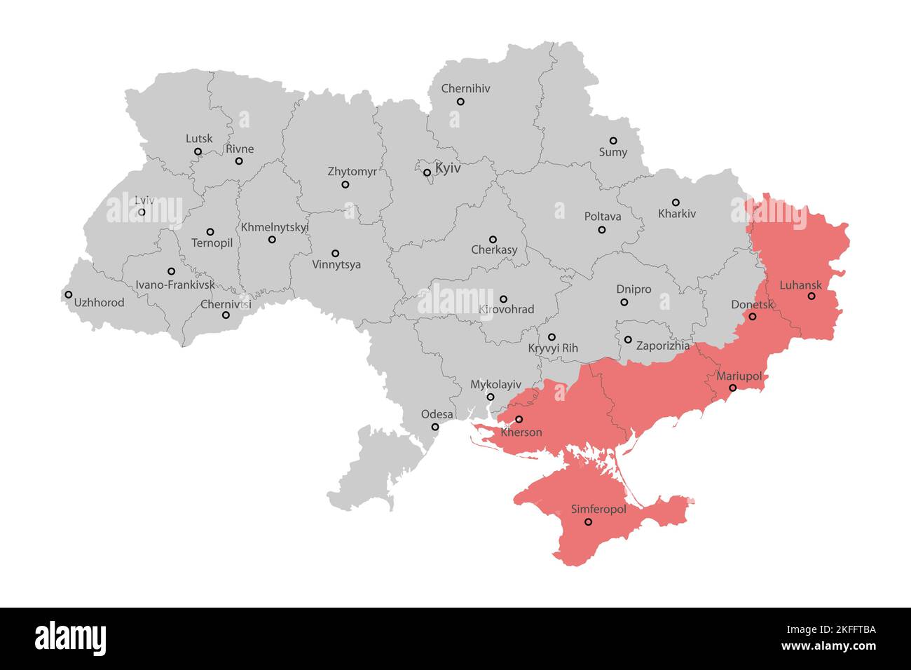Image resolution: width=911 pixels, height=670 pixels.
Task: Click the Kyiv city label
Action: (x=448, y=169)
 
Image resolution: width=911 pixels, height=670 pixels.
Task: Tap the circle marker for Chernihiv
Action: (x=460, y=102)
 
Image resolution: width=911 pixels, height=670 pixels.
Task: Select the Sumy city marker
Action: (x=613, y=141)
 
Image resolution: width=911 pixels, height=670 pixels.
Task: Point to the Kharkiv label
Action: (x=677, y=214)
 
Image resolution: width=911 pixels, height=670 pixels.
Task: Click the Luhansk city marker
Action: (x=811, y=296)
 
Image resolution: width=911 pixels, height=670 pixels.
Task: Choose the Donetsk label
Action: (x=752, y=305)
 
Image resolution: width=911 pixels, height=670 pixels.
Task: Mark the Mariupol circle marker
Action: (x=733, y=388)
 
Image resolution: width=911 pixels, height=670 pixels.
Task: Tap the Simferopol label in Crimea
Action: (x=598, y=510)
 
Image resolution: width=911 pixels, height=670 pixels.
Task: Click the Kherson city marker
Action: (x=519, y=419)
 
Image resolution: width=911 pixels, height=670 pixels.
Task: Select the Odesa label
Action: (x=437, y=414)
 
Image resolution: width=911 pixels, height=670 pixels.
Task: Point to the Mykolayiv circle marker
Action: (x=491, y=397)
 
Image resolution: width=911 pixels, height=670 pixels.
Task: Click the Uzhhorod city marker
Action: (x=68, y=294)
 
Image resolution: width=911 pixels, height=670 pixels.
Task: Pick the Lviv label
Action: (x=144, y=200)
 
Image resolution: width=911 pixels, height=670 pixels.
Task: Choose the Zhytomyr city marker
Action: (x=345, y=184)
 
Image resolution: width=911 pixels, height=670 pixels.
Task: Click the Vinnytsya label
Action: (x=336, y=265)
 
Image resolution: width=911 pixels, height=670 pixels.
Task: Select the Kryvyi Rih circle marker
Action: (x=552, y=337)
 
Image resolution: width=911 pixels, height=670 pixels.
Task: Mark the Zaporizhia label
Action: (x=662, y=346)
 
